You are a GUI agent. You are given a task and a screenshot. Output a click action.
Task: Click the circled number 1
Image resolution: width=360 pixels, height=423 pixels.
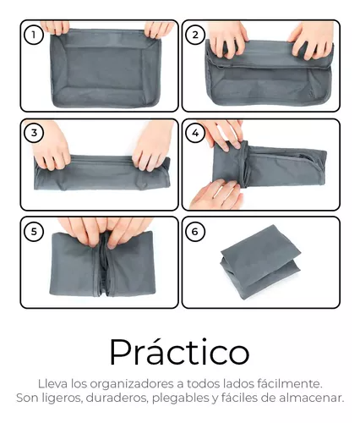point(34,35)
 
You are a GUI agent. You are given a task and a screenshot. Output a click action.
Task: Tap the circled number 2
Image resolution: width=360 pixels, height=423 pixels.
point(195,35)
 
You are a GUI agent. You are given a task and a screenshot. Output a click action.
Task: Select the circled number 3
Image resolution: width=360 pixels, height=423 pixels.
point(34,133)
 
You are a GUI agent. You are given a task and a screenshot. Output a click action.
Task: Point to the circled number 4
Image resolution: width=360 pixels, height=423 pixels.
point(195,133)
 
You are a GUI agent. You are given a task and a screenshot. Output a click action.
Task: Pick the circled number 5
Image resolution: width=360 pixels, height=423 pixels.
point(34,232)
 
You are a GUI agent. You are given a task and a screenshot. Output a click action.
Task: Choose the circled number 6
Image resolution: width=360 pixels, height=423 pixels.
point(195,232)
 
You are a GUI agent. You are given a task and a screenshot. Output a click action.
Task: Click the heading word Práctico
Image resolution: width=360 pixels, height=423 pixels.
point(180,353)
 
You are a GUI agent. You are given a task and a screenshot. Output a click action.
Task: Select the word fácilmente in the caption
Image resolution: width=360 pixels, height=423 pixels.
point(290,383)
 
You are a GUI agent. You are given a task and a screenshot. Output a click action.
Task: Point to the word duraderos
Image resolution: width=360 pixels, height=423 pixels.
point(117,398)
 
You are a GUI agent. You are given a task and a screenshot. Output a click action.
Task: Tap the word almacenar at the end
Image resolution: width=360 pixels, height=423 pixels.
point(312,398)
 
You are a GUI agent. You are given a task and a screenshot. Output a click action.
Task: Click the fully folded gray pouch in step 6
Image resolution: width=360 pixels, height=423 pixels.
point(260,262)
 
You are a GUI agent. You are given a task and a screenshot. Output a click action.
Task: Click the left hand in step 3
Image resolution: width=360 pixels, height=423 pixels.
point(50,146)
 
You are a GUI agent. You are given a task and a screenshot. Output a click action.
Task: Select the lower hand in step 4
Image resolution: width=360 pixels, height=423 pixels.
point(216,195)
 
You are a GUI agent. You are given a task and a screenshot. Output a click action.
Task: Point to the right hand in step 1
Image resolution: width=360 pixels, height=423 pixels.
point(158,30)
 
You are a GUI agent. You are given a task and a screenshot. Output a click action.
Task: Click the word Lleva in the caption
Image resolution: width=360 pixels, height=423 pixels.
point(53,383)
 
